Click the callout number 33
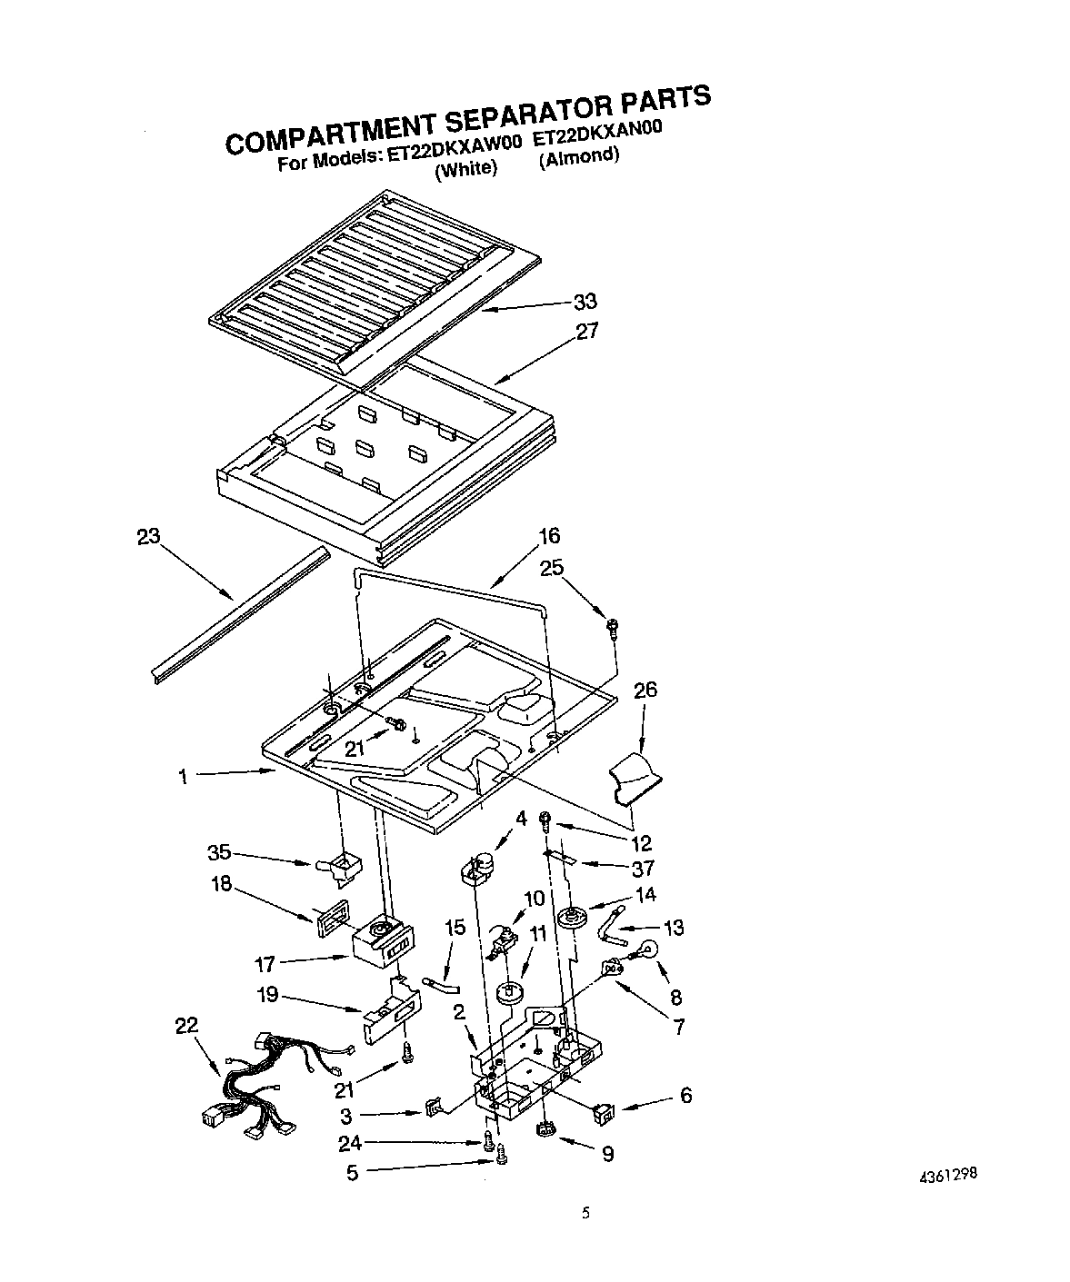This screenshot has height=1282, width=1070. pyautogui.click(x=585, y=302)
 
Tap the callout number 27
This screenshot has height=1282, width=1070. pyautogui.click(x=587, y=331)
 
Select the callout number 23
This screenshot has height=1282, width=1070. pyautogui.click(x=147, y=537)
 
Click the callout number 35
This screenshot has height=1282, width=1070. pyautogui.click(x=218, y=853)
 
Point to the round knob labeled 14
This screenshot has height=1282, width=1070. pyautogui.click(x=574, y=919)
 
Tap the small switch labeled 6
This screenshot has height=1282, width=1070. pyautogui.click(x=601, y=1109)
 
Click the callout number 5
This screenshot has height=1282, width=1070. pyautogui.click(x=352, y=1173)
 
